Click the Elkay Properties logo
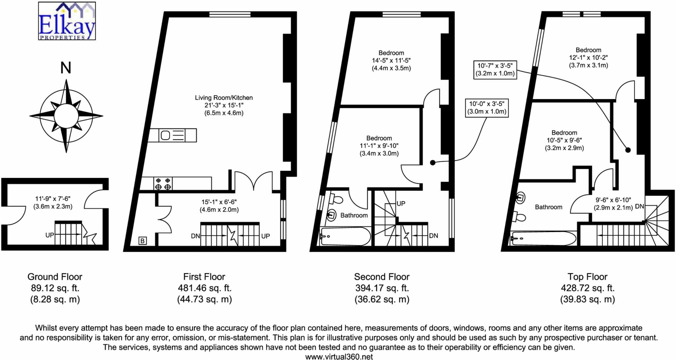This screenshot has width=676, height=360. pos(67,21)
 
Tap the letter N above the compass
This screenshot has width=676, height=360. pos(66,68)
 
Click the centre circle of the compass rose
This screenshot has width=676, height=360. pos(66,116)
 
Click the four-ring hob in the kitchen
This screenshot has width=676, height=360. pos(163,184)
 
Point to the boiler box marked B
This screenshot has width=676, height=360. pos(143,241)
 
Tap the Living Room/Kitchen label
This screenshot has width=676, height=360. pos(223,98)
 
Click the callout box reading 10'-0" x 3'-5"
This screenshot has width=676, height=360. pos(487,108)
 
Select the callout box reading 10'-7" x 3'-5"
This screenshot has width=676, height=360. pos(495,70)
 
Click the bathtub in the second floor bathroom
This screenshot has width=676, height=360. pos(345,236)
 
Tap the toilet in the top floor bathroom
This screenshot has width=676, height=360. pos(520,217)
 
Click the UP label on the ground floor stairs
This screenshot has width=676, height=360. pos(50,235)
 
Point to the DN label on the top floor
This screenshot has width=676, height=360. pos(639,206)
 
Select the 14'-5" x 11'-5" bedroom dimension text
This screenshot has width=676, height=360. pos(391,61)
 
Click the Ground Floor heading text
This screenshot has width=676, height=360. pos(55,277)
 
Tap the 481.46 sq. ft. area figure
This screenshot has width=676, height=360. pos(205,288)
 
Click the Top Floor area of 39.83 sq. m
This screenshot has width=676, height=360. pos(587,300)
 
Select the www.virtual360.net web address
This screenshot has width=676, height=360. pos(339,357)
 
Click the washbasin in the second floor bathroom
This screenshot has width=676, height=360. pos(331,215)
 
